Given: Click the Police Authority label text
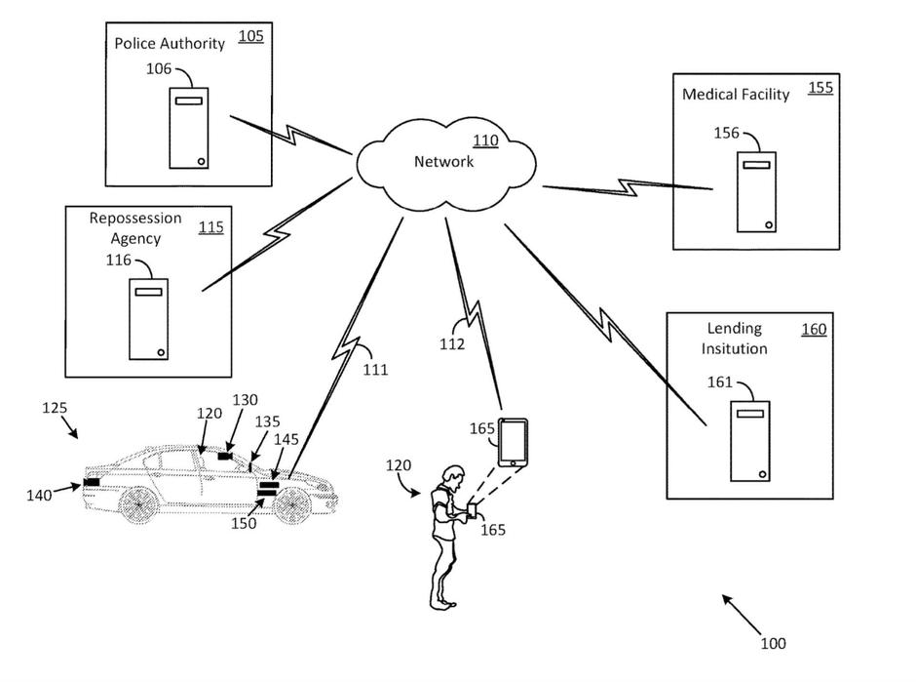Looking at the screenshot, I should coord(170,43).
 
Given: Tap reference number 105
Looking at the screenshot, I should coord(250,37).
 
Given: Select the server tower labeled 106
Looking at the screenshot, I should coord(189,128).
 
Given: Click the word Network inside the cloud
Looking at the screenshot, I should coord(443,162).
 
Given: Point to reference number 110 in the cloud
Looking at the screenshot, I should coord(484,141).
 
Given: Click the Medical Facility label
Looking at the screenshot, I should coord(736,95).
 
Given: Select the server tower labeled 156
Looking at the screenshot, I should coord(756,191).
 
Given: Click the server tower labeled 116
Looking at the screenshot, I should coord(149,318).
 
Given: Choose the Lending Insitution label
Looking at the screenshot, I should coord(736,338).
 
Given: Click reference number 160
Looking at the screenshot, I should coord(813,330).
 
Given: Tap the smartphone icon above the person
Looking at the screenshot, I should coord(514,442).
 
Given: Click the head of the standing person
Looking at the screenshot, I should coord(450,477).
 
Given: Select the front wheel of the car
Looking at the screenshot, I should coord(291,505).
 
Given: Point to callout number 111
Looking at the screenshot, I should coord(375,370).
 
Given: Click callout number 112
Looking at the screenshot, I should coord(451,343).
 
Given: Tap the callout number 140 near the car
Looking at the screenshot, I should coord(39,496).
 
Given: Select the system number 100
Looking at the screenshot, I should coord(772,643).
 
